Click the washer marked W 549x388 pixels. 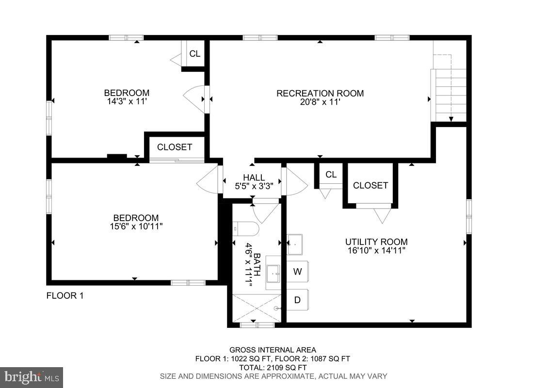click(x=298, y=272)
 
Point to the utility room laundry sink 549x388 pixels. click(x=294, y=244)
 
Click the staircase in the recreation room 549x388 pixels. click(x=449, y=95)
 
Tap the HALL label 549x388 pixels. click(x=254, y=178)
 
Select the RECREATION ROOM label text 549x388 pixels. click(x=320, y=93)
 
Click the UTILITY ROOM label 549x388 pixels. click(x=376, y=242)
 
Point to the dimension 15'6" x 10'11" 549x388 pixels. click(x=136, y=226)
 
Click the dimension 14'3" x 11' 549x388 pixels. click(x=127, y=101)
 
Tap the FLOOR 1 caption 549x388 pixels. click(x=65, y=295)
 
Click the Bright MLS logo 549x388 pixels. click(x=32, y=377)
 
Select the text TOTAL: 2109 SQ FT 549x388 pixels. click(x=273, y=367)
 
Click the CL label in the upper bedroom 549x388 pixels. click(x=194, y=54)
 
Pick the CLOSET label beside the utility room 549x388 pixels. click(x=370, y=185)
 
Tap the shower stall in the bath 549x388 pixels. click(x=257, y=308)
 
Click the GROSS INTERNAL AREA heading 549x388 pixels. click(x=273, y=350)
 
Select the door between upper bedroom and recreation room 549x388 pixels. click(x=196, y=99)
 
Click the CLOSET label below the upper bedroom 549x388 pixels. click(x=174, y=147)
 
